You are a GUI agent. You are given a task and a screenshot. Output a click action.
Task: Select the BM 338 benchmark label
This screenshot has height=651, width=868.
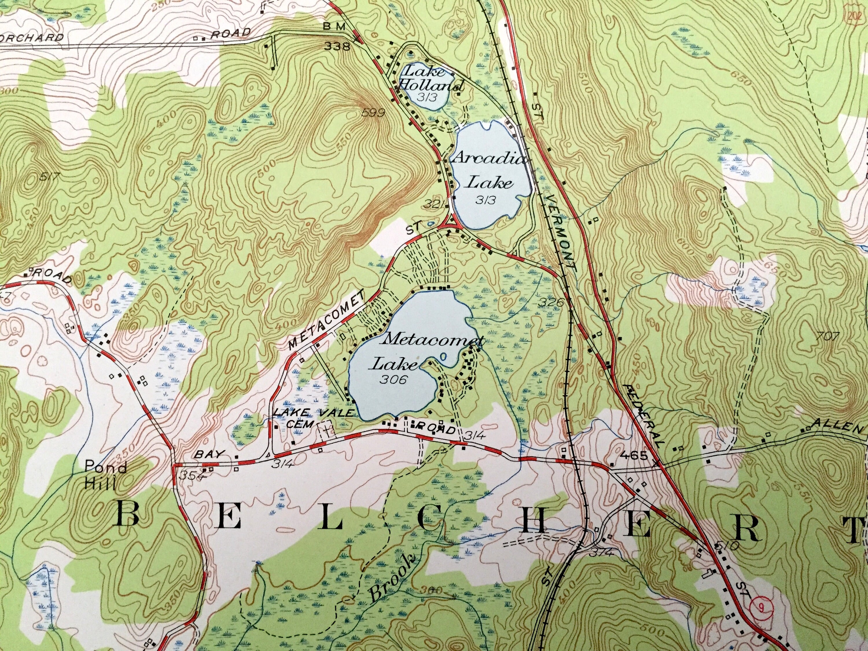coord(336,36)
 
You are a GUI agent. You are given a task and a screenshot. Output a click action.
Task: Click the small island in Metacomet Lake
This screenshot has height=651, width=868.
coord(444,357)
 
